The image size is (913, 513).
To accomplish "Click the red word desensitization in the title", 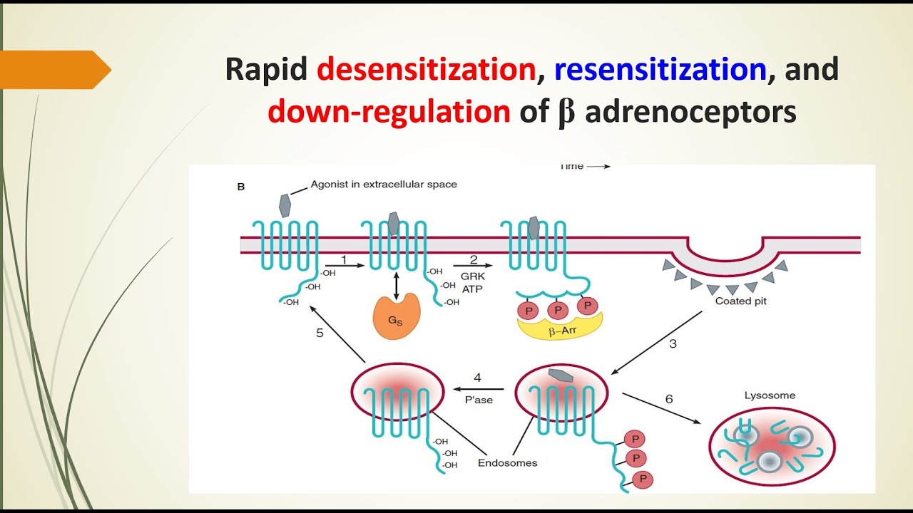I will click(426, 69).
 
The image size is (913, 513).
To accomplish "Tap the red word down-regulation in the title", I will click(389, 113).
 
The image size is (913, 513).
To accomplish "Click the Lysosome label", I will click(770, 395).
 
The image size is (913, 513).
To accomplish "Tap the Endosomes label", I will click(507, 462).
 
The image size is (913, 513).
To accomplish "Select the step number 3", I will click(673, 343).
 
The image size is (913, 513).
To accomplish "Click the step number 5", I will click(320, 332).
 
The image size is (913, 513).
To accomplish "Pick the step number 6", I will click(668, 399).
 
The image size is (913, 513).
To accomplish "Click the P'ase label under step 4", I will click(479, 400).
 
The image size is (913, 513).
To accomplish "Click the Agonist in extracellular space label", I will click(384, 185).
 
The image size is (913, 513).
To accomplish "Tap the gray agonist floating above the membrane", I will click(284, 205).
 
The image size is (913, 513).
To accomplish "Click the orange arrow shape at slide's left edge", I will click(54, 70).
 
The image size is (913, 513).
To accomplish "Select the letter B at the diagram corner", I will click(240, 187).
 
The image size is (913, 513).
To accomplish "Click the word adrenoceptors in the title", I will click(690, 113).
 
